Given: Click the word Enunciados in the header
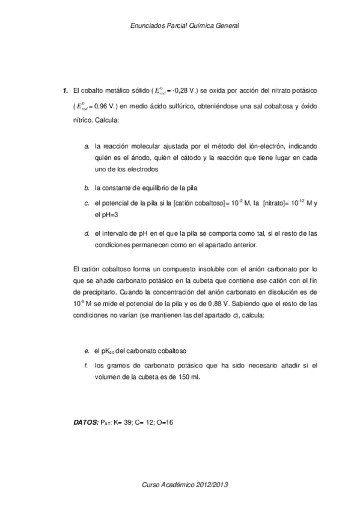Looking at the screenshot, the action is coord(147,26).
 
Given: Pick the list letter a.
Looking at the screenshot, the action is coord(87,146).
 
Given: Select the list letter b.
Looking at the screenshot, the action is coord(87,188).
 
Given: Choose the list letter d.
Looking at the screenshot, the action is coord(87,233).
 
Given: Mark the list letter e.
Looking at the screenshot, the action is coord(87,351).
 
